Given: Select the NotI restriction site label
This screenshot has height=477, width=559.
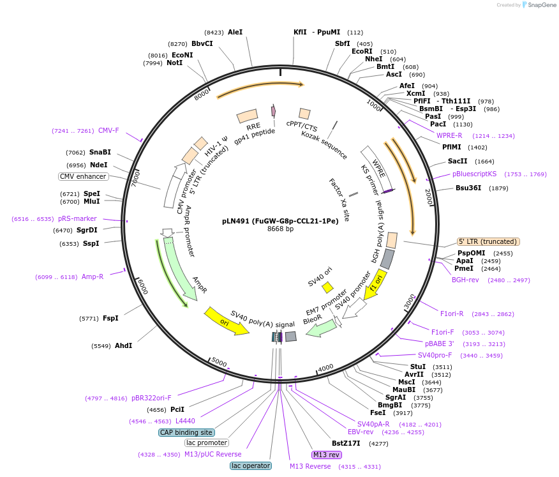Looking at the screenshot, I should point(174,63).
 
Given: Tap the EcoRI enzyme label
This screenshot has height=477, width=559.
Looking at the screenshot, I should point(362,51).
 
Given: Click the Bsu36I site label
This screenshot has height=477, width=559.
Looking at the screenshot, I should point(468,188).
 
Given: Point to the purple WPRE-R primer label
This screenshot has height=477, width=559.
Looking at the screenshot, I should point(449,135).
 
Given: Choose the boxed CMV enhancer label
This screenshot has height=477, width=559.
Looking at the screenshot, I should point(84,176).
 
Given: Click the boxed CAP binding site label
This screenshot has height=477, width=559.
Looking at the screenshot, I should point(186,432).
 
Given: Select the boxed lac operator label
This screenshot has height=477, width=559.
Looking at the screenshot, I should point(251,466).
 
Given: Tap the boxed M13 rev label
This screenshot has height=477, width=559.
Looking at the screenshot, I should point(326,455).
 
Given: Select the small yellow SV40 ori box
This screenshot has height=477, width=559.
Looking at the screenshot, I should point(327,287).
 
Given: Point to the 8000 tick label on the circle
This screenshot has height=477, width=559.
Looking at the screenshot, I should point(202,95).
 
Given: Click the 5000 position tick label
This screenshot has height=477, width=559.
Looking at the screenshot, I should point(219,363).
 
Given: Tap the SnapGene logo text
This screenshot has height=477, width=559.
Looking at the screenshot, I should point(539,5).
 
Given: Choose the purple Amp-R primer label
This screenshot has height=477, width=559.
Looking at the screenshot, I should point(92,276).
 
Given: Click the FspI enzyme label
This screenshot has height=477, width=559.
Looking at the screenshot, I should point(110,318).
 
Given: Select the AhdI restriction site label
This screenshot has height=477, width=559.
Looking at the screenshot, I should point(123,345).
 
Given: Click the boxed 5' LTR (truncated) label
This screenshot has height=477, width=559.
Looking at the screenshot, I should point(488,241).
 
